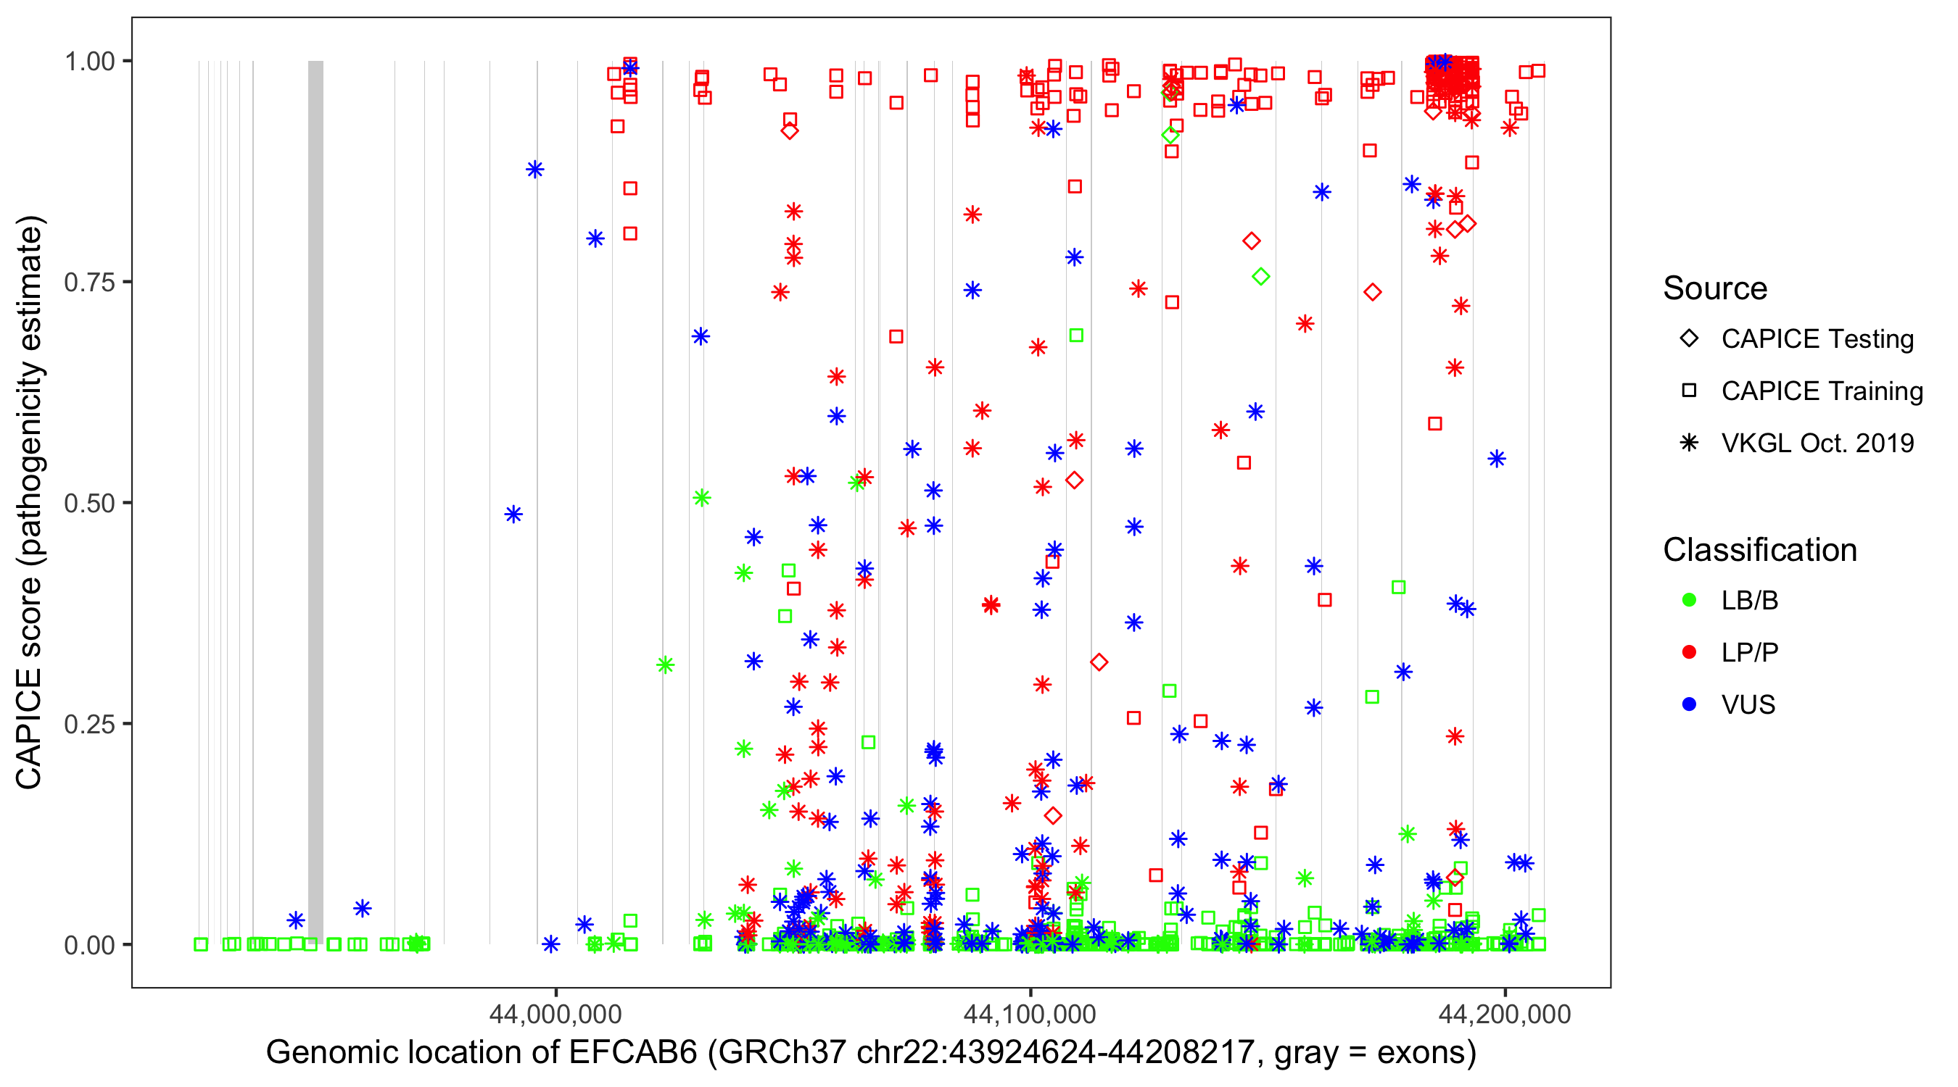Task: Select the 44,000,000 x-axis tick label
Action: [555, 1014]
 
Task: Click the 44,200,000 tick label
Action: [1504, 1014]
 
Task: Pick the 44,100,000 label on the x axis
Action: [1030, 1014]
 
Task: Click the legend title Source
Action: [1715, 288]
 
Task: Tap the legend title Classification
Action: [1759, 550]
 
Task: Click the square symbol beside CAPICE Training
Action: [1689, 391]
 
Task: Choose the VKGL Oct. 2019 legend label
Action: [1817, 443]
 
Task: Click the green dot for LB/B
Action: [1689, 601]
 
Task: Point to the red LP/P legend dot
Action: [1689, 652]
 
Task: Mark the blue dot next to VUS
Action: [1689, 705]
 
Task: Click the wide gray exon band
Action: [315, 501]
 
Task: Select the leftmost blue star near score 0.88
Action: [535, 170]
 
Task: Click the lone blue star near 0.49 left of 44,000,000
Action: [514, 515]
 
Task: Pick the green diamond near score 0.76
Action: [1261, 277]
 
